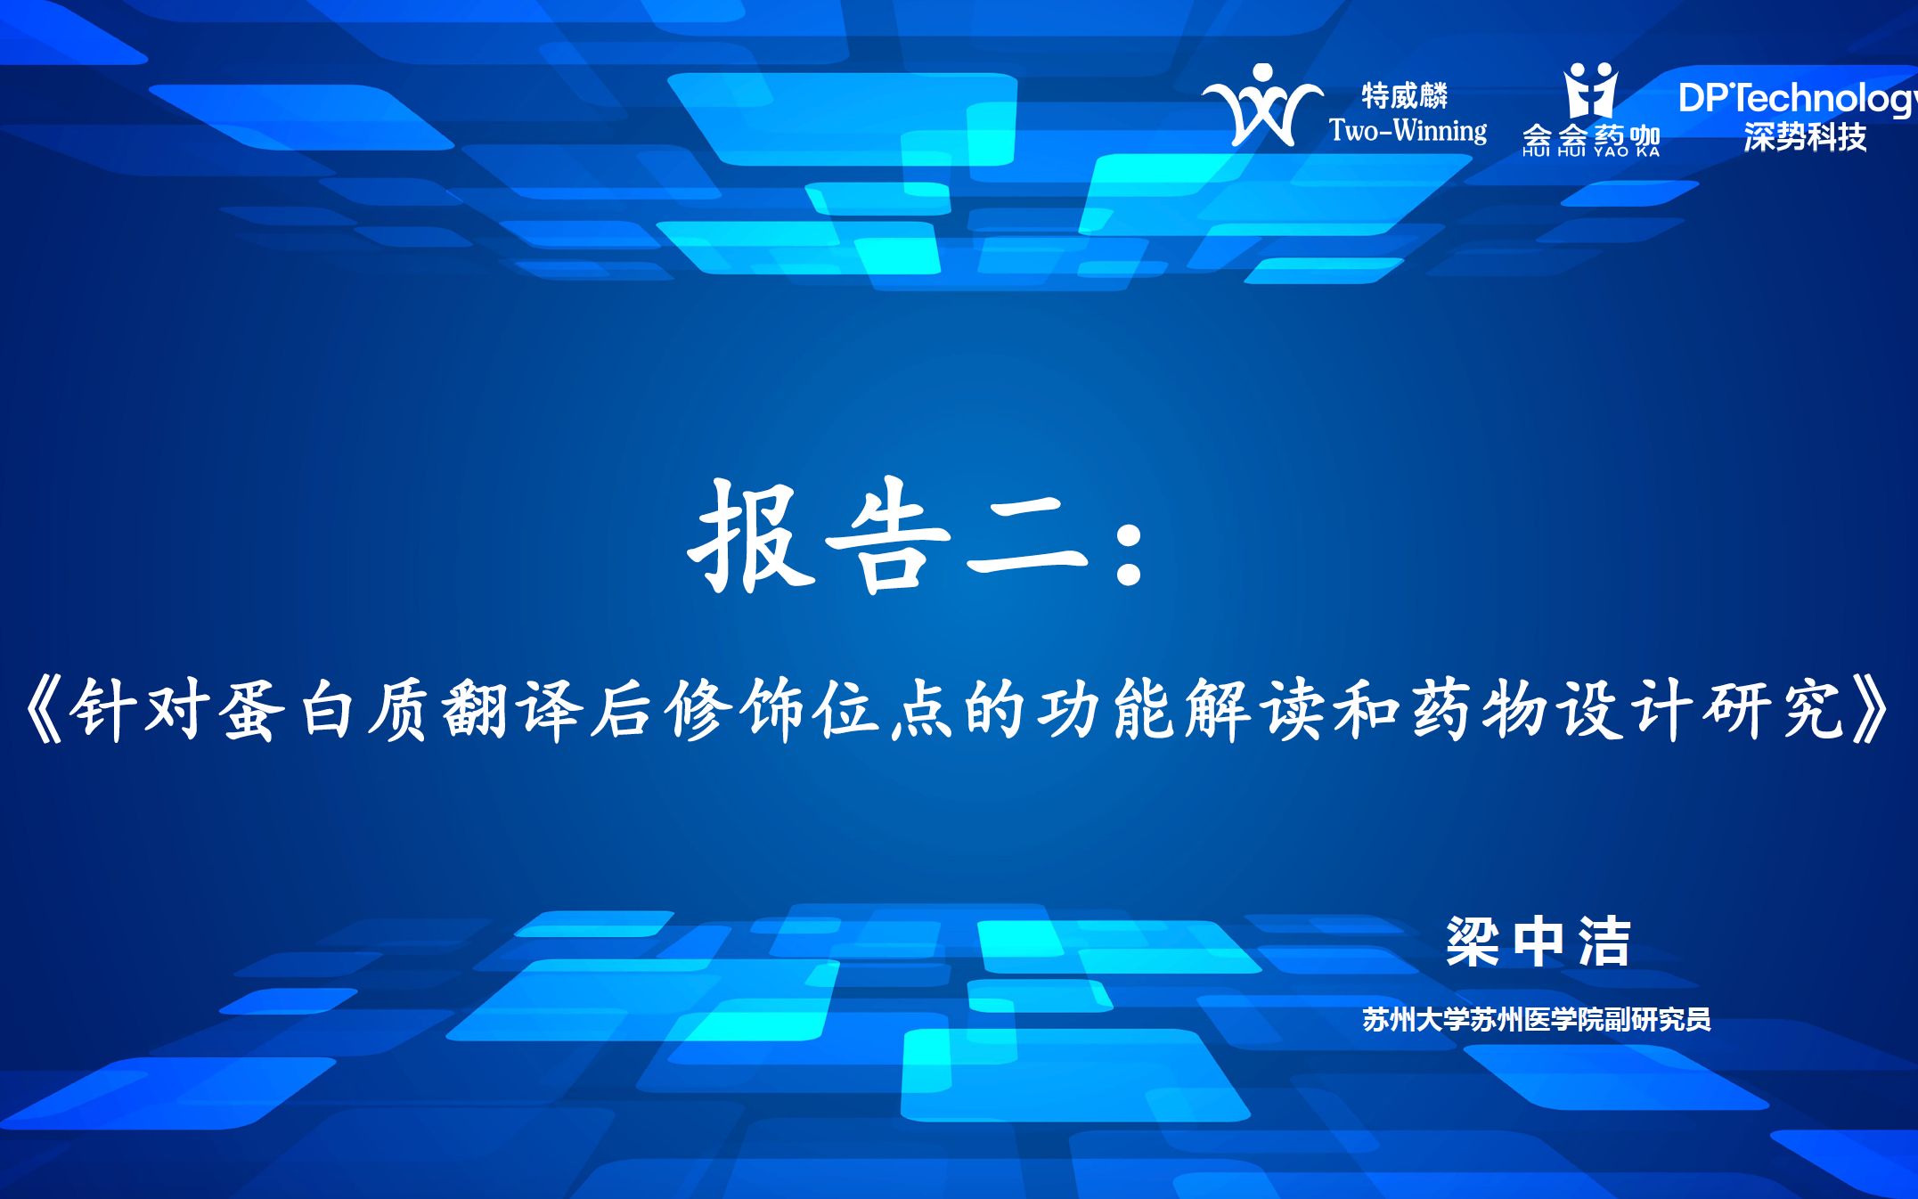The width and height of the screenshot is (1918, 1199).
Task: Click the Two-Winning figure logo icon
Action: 1261,106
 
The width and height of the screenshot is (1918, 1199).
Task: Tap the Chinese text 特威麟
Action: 1404,95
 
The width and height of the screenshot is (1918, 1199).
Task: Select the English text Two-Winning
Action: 1408,131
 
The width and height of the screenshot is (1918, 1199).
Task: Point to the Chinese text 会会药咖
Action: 1591,136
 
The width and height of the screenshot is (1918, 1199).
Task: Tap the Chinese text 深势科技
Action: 1805,137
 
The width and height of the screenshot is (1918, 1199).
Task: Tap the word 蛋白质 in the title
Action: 326,710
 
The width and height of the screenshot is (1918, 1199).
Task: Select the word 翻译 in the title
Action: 511,710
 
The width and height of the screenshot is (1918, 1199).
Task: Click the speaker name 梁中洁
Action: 1538,942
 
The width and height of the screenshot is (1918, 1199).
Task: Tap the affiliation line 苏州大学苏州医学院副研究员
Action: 1536,1019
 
